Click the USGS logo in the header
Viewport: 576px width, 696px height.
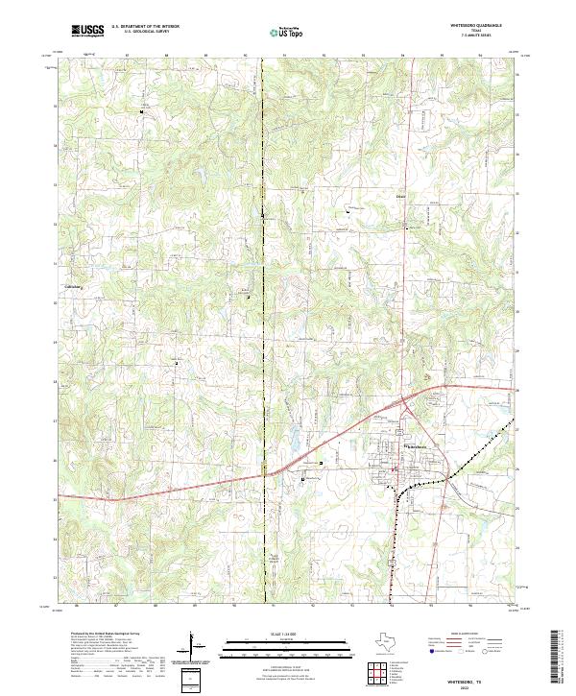(87, 31)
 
